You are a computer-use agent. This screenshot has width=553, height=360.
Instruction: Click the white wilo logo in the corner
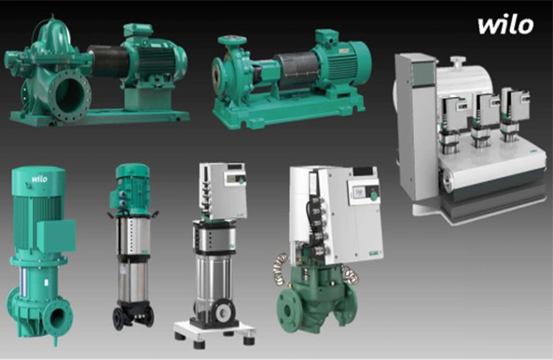coord(505,25)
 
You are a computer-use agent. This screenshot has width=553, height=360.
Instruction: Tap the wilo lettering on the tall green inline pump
coord(39,179)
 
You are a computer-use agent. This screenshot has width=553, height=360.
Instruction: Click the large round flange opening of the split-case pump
coord(70,95)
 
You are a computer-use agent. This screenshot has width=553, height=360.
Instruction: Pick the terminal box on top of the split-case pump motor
coord(138,31)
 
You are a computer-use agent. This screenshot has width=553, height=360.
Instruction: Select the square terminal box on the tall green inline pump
coord(56,236)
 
